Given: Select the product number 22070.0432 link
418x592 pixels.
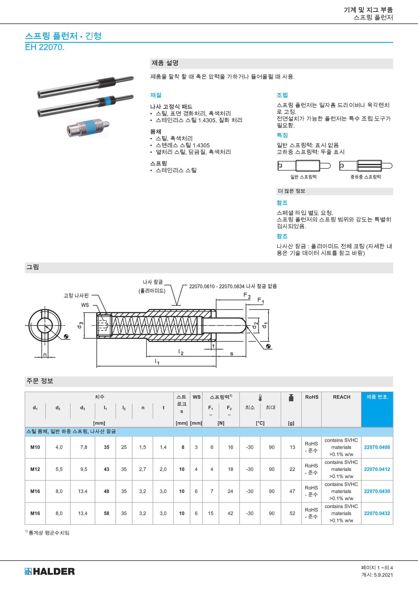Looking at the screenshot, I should [377, 513].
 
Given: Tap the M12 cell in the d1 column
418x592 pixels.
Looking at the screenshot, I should [35, 469].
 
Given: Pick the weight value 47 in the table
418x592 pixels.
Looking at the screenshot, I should [292, 491].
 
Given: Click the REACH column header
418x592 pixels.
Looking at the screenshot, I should [342, 397].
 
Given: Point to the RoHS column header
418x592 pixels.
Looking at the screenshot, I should [312, 397].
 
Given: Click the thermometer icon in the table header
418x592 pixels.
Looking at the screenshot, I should [260, 398].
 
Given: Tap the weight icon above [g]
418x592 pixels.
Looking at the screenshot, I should [291, 398].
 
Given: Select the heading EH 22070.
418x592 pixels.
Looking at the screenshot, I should [45, 47].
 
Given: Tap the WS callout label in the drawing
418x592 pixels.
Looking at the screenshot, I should [85, 305].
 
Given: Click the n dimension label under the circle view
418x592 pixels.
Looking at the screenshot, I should [45, 355].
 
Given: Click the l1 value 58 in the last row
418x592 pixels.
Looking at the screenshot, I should [106, 513].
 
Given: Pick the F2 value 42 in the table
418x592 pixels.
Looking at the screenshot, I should [230, 513].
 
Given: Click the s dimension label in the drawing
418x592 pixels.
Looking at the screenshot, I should [231, 354].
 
